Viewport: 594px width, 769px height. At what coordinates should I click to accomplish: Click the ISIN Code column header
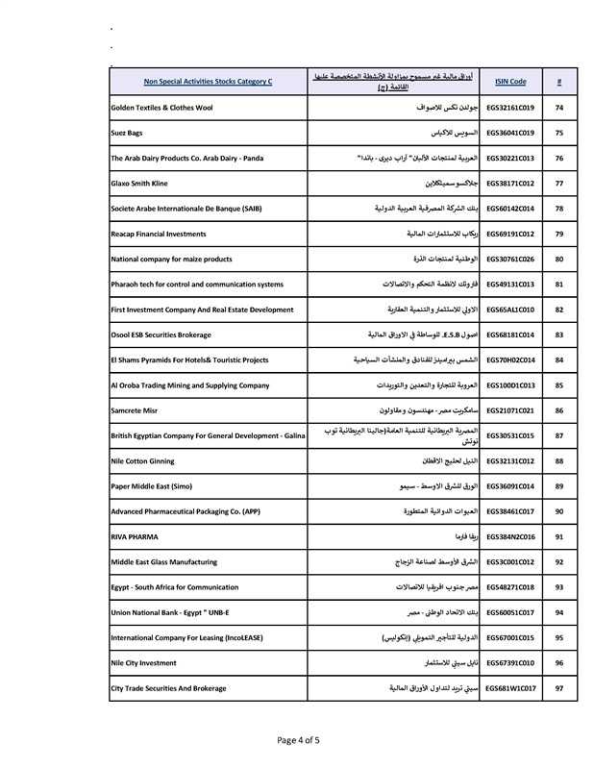(510, 83)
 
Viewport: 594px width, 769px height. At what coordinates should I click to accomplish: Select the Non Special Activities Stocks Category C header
(208, 83)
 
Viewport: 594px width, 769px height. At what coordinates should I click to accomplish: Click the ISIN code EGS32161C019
(510, 108)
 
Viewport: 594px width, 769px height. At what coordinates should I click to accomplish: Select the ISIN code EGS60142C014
(510, 208)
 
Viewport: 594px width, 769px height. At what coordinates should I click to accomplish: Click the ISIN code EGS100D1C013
(510, 384)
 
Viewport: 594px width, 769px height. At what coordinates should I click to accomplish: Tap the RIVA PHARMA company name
(136, 536)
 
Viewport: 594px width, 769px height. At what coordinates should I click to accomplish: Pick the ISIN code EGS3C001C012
(510, 561)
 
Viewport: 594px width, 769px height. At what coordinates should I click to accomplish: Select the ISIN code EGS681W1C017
(510, 688)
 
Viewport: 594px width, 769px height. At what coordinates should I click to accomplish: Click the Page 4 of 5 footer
(297, 740)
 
